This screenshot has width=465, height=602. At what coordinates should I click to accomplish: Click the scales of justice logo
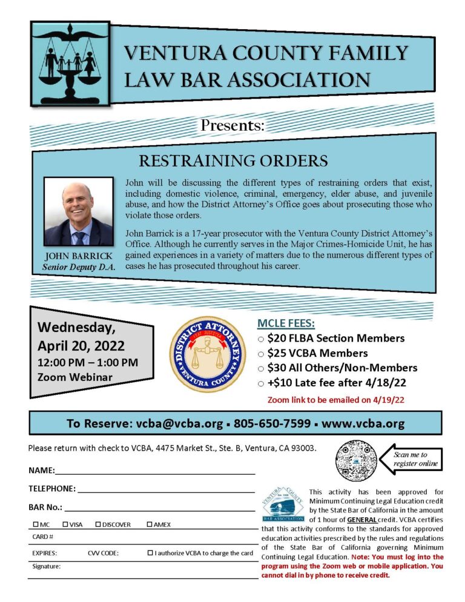point(71,63)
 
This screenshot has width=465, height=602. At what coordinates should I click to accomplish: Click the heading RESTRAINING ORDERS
point(233,160)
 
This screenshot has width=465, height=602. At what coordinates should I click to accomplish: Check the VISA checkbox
point(65,524)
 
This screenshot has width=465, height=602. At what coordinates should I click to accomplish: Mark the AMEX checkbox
point(150,524)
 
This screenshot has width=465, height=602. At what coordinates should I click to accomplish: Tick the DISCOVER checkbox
point(98,524)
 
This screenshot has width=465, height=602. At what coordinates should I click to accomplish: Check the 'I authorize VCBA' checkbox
point(150,552)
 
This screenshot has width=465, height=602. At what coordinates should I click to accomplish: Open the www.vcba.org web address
point(363,423)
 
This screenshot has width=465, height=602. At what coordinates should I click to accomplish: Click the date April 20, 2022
point(81,346)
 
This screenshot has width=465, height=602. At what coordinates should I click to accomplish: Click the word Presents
point(232,127)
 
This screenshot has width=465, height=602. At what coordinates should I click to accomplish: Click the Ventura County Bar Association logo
point(283,503)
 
